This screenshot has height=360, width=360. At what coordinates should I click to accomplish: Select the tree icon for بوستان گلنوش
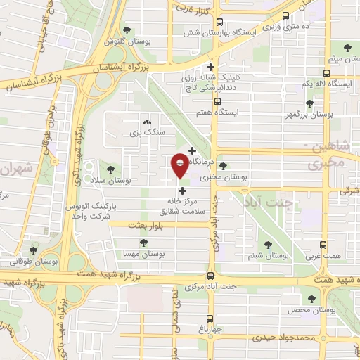(x=127, y=30)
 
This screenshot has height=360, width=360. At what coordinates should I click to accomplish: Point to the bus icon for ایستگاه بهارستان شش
(x=219, y=22)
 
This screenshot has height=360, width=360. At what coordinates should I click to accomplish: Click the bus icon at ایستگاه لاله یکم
(x=326, y=73)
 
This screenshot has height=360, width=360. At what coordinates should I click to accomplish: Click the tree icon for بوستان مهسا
(x=143, y=243)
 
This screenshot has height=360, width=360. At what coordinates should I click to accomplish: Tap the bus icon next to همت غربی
(x=323, y=245)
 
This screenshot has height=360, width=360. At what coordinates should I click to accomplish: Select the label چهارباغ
(x=210, y=328)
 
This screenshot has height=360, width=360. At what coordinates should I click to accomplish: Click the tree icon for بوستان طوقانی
(x=34, y=250)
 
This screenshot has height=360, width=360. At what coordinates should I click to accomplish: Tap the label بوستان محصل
(x=309, y=309)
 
